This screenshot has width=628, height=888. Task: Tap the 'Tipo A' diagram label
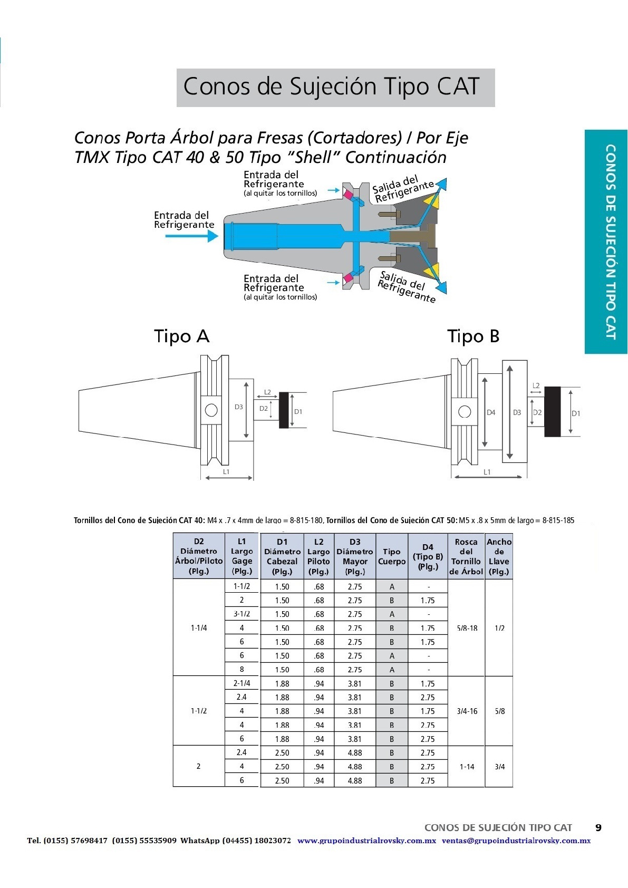[181, 336]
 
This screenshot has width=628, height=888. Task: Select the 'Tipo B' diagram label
[473, 336]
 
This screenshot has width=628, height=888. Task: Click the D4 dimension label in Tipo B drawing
[491, 412]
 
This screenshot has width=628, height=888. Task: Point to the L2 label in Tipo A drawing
[267, 392]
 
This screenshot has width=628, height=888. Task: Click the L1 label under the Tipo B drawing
[487, 472]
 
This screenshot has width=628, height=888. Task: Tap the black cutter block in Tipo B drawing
[552, 411]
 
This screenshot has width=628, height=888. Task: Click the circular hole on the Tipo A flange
[211, 410]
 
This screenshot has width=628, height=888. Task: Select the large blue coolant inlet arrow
[191, 236]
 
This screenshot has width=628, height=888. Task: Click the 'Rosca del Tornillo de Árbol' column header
[466, 556]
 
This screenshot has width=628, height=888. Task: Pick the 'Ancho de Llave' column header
[499, 556]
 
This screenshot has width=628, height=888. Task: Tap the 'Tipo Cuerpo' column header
[392, 556]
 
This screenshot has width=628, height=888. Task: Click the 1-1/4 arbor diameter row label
[199, 628]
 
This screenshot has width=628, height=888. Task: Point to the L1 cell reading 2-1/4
[241, 683]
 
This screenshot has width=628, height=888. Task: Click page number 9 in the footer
[598, 827]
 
